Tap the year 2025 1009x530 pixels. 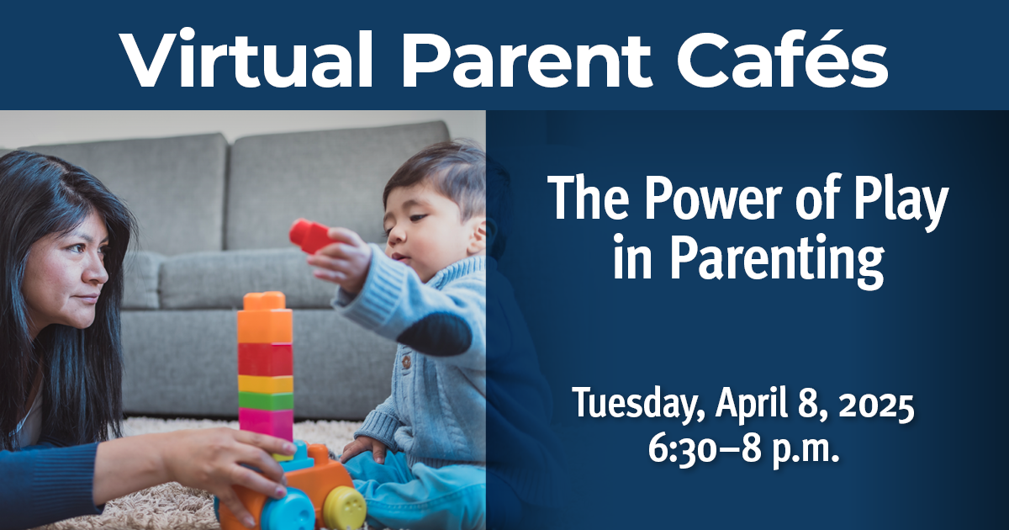[x=874, y=408]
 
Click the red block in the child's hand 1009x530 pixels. [x=310, y=236]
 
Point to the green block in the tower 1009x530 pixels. [x=265, y=400]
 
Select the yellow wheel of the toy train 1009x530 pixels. [x=345, y=507]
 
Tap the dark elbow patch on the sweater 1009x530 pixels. [x=436, y=333]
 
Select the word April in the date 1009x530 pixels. [x=749, y=408]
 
